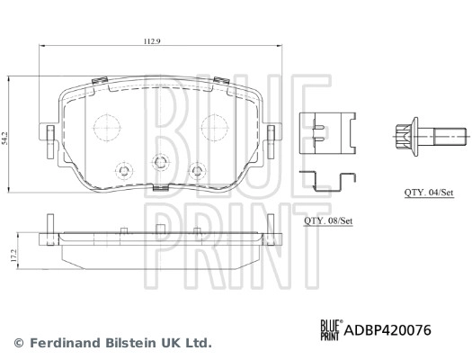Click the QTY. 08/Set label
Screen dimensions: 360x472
tap(326, 220)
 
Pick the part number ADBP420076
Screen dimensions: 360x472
tap(387, 331)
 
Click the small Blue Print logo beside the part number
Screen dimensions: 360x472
tap(330, 331)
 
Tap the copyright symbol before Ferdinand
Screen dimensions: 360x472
tap(19, 343)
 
